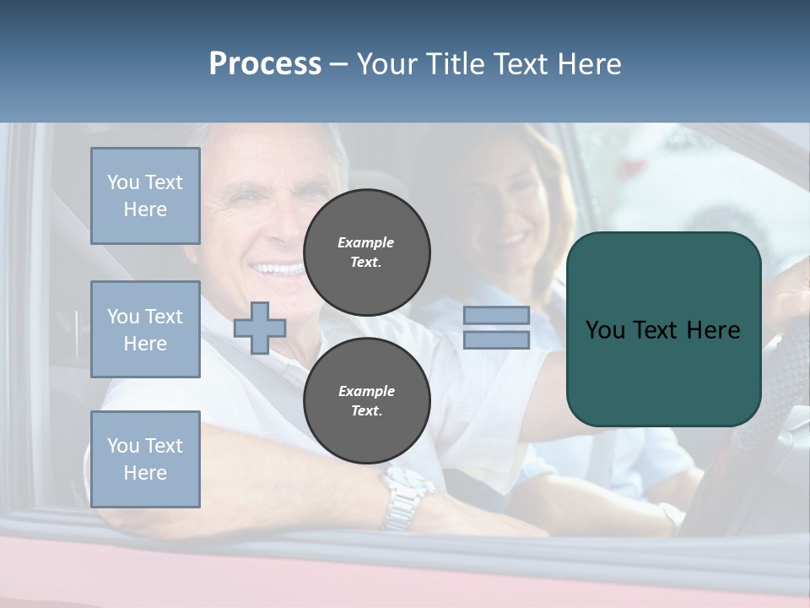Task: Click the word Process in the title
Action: coord(265,64)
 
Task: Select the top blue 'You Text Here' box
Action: coord(145,196)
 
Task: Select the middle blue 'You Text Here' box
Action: coord(145,329)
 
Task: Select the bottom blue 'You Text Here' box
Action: coord(145,459)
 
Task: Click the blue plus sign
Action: coord(260,328)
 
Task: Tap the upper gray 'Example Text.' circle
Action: coord(367,252)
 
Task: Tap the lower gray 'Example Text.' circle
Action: coord(367,401)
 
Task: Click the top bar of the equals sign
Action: coord(496,316)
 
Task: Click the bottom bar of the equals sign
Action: coord(496,340)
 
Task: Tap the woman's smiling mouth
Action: coord(510,239)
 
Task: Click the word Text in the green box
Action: coord(658,330)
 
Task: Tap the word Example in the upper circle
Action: coord(366,242)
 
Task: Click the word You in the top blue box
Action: coord(122,182)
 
